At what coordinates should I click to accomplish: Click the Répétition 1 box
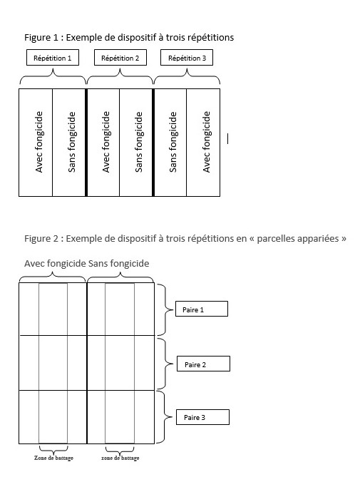pos(53,58)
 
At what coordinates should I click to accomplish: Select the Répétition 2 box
pos(120,58)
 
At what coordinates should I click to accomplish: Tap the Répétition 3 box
pos(187,58)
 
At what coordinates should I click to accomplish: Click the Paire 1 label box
pos(202,309)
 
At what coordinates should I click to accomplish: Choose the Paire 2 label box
pos(203,364)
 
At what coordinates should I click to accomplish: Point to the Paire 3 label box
pos(202,417)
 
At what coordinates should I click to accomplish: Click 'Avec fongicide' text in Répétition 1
pos(39,142)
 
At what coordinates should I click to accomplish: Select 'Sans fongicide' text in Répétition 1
pos(72,142)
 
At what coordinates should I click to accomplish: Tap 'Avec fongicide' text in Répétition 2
pos(106,142)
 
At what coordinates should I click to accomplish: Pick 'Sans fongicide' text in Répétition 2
pos(138,142)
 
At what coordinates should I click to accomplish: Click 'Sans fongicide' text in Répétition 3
pos(173,142)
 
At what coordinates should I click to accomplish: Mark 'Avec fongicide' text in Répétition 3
pos(207,142)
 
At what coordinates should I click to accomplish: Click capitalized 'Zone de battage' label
pos(53,458)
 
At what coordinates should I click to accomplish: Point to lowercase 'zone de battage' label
pos(120,458)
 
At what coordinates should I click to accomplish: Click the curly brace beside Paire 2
pos(165,364)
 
